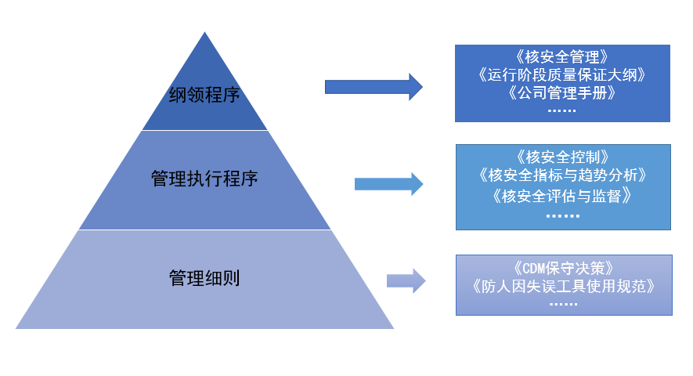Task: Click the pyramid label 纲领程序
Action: tap(204, 96)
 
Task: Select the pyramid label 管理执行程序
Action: tap(204, 179)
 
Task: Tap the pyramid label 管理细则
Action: tap(204, 278)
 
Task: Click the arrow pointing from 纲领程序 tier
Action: tap(374, 85)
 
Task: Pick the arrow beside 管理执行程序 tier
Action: tap(388, 184)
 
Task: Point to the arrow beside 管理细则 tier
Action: tap(406, 280)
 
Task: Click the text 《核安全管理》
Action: tap(562, 57)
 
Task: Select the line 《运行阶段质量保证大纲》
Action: tap(562, 75)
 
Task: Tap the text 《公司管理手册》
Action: tap(562, 93)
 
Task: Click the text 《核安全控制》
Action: tap(562, 156)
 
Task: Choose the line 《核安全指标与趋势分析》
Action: tap(562, 175)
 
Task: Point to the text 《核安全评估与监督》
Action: tap(562, 195)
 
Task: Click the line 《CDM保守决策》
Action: tap(562, 266)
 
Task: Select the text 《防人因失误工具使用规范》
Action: tap(562, 285)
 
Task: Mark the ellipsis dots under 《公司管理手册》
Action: tap(561, 111)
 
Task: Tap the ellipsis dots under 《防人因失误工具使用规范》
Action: tap(562, 303)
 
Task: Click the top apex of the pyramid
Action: tap(205, 33)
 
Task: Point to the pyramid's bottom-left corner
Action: tap(16, 327)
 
